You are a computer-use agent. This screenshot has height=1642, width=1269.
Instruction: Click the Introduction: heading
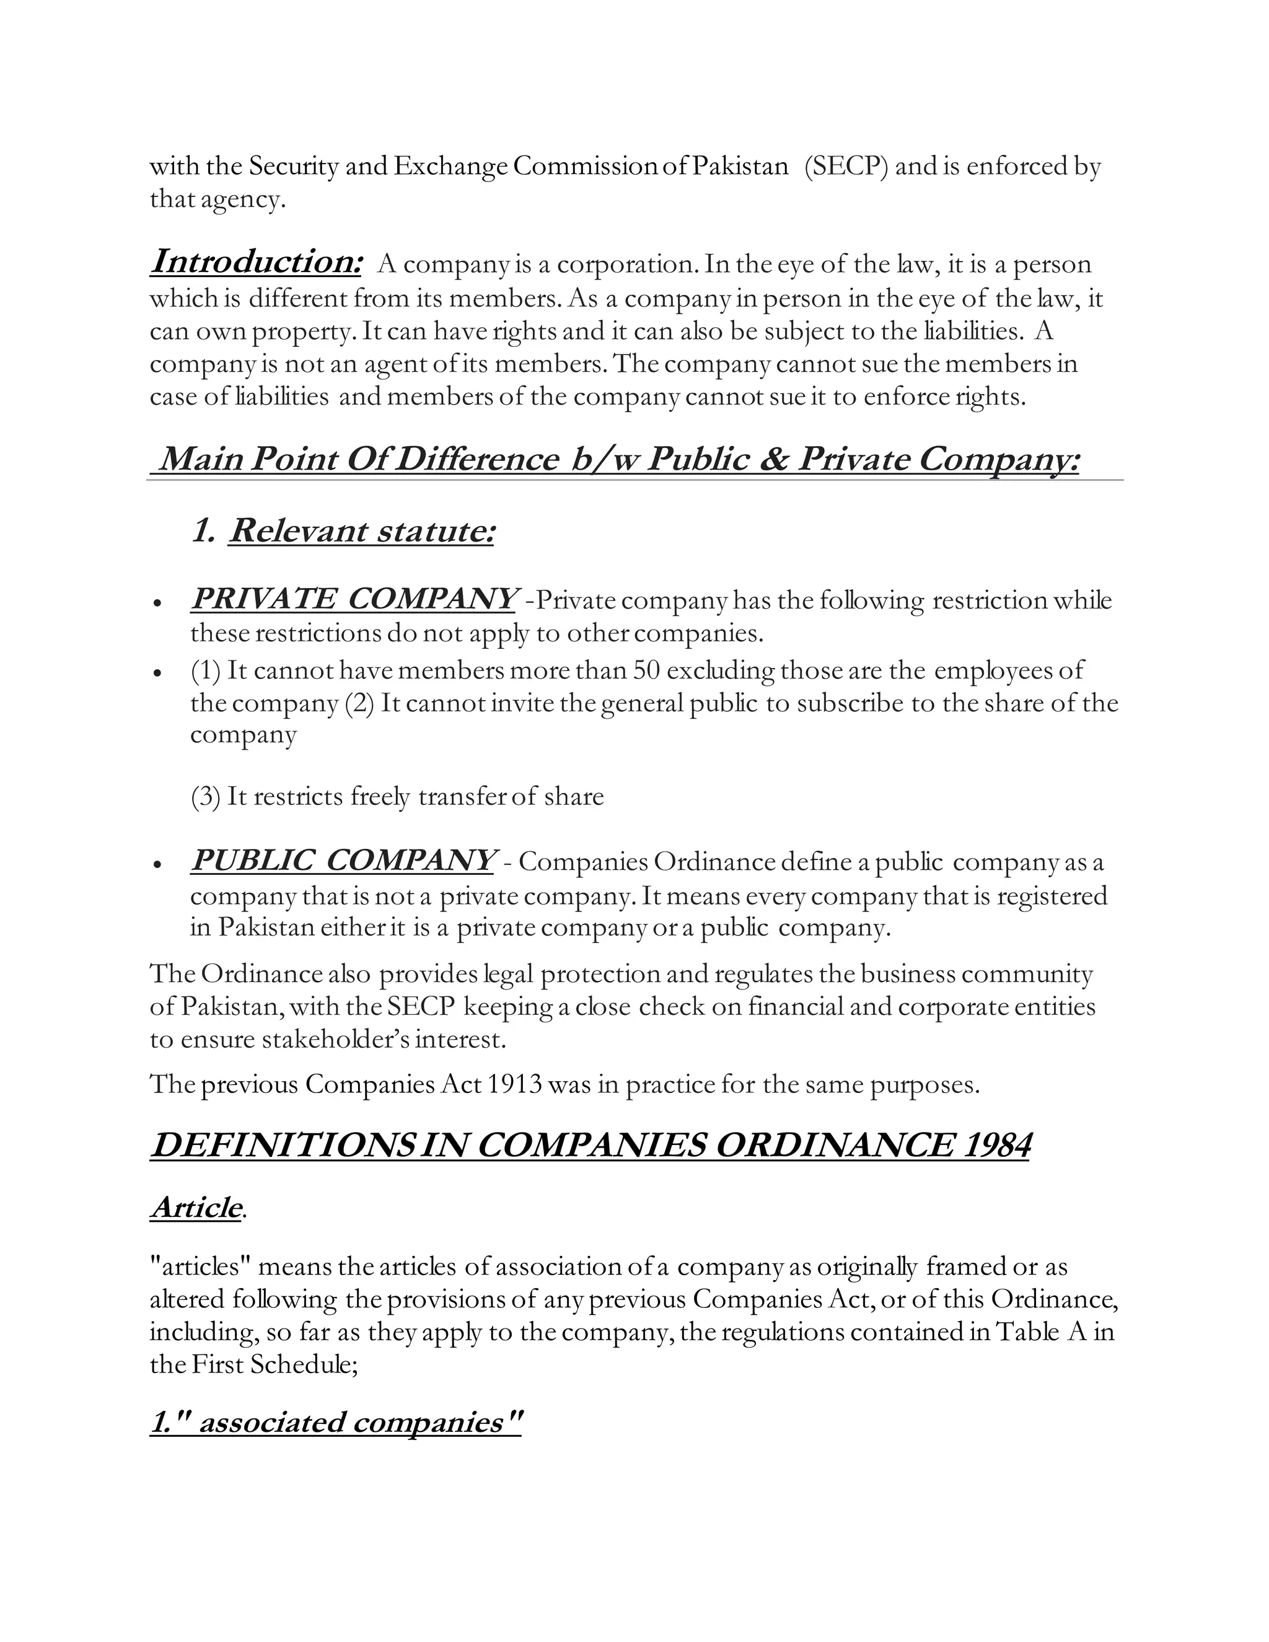[x=256, y=261]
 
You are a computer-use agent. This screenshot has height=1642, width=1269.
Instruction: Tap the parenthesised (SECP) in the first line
[x=846, y=166]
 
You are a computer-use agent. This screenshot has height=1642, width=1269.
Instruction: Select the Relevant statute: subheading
[x=361, y=531]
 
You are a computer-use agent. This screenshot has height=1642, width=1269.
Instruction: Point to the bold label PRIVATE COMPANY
[x=353, y=599]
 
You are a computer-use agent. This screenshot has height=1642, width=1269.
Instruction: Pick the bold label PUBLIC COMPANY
[x=342, y=860]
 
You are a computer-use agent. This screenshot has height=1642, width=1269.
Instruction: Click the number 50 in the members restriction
[x=646, y=670]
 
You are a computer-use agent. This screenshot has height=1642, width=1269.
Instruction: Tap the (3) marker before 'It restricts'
[x=205, y=796]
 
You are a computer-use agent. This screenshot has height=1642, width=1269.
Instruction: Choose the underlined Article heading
[x=196, y=1208]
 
